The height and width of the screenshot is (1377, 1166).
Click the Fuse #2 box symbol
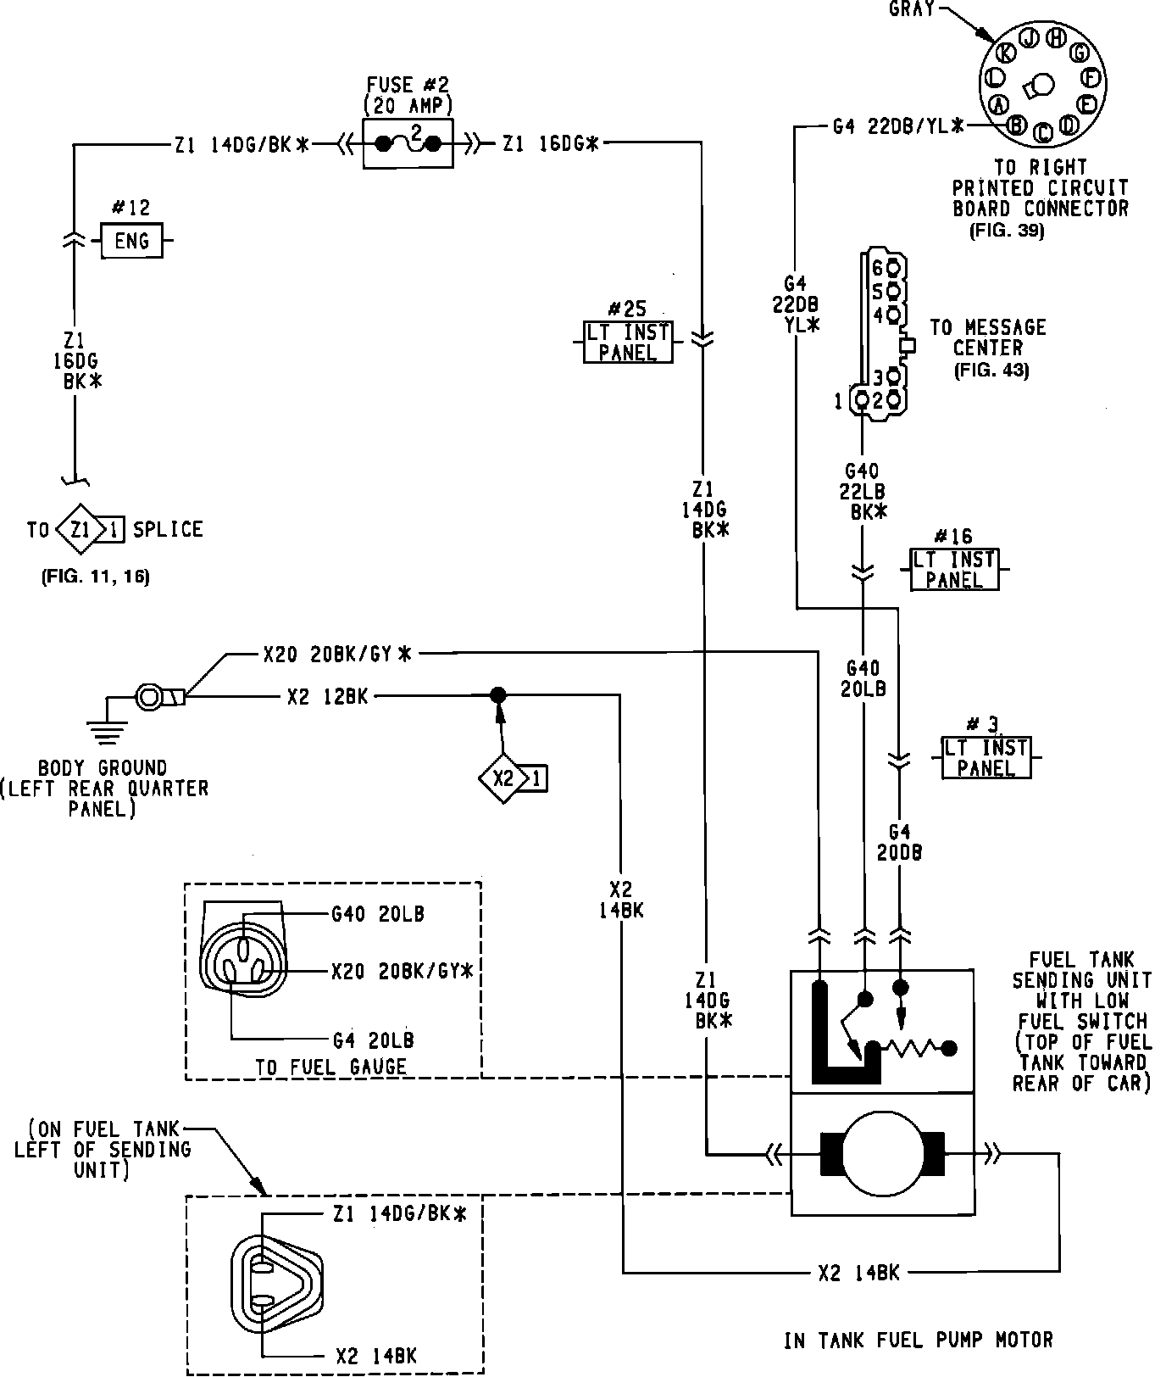408,143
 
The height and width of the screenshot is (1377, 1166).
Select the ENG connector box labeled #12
131,241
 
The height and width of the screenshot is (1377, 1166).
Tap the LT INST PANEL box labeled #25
627,342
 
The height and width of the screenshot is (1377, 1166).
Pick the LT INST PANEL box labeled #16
954,570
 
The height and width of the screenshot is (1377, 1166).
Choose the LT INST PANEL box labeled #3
986,757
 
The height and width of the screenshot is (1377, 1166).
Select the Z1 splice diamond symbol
81,531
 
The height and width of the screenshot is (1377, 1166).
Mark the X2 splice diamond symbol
503,778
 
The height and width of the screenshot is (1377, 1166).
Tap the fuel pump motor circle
882,1153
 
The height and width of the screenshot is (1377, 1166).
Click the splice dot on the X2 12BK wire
498,696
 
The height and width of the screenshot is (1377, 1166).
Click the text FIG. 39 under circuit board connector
1007,230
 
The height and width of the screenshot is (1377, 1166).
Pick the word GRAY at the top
911,9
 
